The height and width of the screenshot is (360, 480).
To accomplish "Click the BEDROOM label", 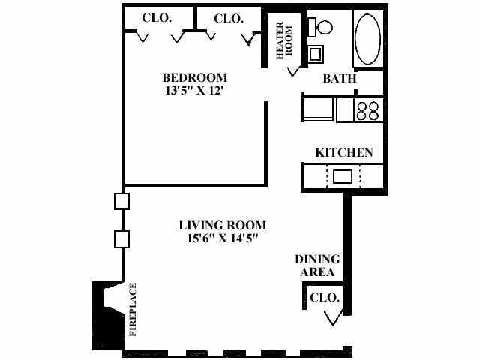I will click(x=195, y=77).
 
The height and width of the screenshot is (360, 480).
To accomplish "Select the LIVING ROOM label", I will click(x=222, y=225).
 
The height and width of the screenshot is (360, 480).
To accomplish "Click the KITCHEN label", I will click(x=344, y=152).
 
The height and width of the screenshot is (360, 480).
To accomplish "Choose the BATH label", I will click(x=339, y=78).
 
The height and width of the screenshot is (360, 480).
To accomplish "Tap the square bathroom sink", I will click(x=316, y=55).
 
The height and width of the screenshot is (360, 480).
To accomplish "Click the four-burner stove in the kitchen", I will click(x=367, y=110).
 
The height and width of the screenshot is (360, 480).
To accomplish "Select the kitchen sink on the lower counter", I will click(x=343, y=177).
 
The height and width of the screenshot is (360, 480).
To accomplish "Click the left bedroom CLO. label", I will click(x=158, y=18).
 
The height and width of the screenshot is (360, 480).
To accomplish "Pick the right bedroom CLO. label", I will click(x=228, y=18).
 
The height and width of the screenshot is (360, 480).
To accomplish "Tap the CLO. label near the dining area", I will click(x=325, y=298).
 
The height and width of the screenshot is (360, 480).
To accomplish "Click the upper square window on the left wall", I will click(x=122, y=201).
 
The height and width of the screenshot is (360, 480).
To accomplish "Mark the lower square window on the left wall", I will click(x=122, y=239).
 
